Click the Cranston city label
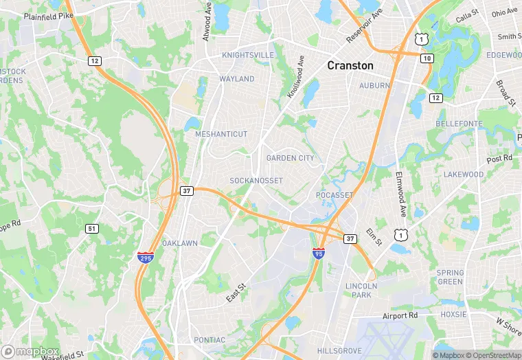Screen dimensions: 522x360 click(350, 66)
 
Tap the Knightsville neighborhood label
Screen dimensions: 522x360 click(247, 55)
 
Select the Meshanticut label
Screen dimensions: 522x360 click(221, 134)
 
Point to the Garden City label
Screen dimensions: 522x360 click(290, 158)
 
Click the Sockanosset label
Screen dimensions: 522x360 click(256, 181)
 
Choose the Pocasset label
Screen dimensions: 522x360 click(334, 196)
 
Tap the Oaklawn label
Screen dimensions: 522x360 click(180, 243)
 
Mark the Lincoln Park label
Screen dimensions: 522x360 click(359, 290)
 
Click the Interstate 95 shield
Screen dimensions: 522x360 click(318, 253)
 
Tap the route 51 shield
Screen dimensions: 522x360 click(92, 228)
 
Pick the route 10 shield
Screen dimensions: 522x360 click(427, 59)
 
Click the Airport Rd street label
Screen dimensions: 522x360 click(400, 316)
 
